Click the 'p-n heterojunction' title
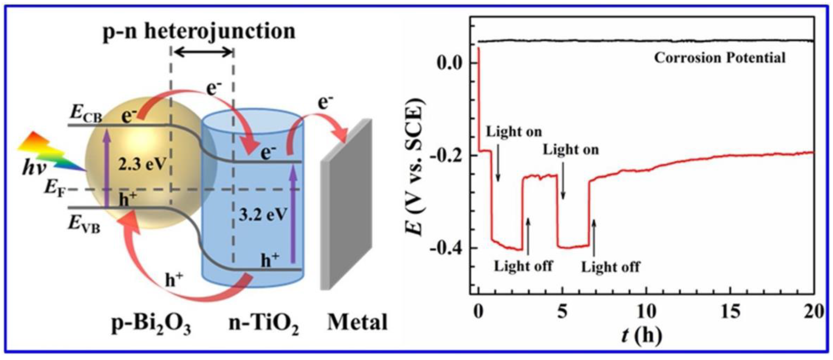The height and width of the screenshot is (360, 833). click(199, 32)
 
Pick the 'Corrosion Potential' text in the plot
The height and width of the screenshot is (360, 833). click(720, 58)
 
